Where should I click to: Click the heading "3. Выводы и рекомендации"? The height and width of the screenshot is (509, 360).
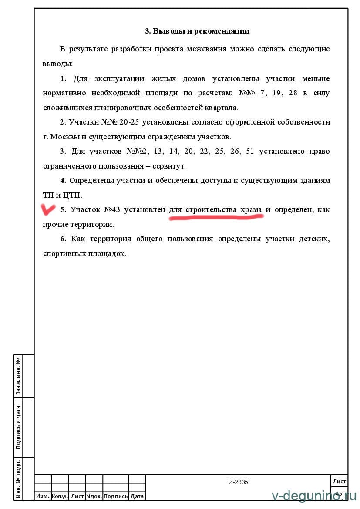pos(197,31)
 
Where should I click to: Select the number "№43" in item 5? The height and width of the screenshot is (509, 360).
pos(112,210)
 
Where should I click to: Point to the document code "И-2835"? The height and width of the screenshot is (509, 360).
pos(238,482)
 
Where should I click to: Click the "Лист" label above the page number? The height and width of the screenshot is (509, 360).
pos(339,481)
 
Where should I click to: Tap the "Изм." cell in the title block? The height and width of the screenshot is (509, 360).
pos(43,496)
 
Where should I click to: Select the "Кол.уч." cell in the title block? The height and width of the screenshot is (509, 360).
pos(60,496)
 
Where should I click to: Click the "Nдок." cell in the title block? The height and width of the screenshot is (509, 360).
pos(94,496)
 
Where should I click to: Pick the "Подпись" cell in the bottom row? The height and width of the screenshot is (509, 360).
pos(116,496)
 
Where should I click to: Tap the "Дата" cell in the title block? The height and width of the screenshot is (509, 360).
pos(137,496)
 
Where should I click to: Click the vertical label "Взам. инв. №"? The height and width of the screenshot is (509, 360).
pos(19,376)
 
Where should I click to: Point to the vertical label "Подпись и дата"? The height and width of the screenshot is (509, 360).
pos(19,427)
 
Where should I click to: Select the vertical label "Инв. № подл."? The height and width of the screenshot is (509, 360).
pos(19,478)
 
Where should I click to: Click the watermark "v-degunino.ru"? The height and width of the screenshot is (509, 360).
pos(314,496)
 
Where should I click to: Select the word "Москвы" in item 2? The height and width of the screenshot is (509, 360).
pos(65,137)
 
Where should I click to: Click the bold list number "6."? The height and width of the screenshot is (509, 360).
pos(63,239)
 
